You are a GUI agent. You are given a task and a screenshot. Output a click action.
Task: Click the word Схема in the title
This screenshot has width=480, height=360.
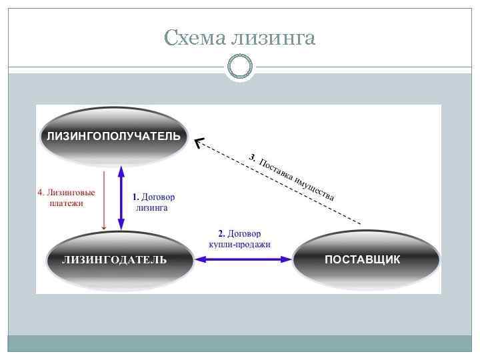point(194,39)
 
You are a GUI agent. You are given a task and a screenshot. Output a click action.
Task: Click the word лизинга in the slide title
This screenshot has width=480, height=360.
point(273,39)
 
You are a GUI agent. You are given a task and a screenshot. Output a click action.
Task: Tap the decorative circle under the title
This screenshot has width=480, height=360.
point(240,66)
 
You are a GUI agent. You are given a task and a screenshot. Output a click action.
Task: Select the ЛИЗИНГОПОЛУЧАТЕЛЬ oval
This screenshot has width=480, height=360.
point(113,137)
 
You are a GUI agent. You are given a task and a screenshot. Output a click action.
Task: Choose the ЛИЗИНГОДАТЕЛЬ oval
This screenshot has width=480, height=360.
point(119,259)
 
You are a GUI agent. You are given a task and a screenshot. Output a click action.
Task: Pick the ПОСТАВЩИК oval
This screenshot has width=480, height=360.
point(366,259)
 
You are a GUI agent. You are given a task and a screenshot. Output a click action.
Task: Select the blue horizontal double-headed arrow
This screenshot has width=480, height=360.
point(243,259)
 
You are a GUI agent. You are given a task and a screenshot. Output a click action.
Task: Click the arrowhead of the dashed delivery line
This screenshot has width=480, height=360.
point(199,141)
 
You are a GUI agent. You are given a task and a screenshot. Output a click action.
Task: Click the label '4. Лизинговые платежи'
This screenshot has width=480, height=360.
point(66,198)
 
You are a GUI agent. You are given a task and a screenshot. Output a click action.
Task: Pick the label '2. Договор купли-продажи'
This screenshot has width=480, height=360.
point(239,239)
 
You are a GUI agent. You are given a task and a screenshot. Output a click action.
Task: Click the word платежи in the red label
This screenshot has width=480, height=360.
point(66,203)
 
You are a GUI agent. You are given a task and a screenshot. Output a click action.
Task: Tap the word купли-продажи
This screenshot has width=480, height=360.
point(239,244)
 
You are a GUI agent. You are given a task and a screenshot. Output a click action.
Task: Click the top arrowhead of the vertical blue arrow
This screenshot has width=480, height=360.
point(121,171)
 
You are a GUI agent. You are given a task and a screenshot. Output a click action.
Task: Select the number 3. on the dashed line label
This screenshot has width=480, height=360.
point(251,157)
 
